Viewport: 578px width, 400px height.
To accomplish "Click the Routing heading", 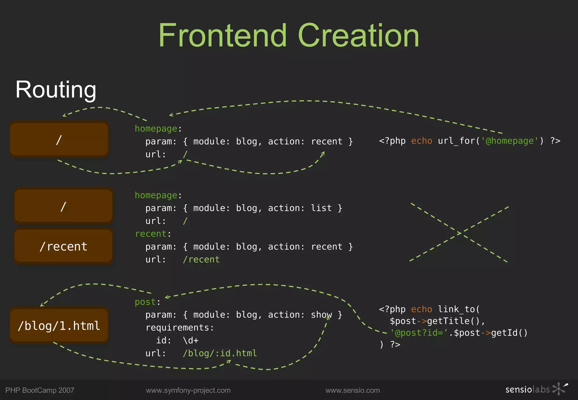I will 56,90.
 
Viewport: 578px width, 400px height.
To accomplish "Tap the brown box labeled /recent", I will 64,246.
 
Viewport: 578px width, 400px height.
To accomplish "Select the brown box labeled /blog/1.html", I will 59,326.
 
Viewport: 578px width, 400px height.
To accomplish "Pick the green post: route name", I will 145,302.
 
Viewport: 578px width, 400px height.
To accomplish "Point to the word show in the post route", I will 321,315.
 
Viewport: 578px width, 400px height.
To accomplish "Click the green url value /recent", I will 201,260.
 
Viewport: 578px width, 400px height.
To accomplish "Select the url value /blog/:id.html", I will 220,353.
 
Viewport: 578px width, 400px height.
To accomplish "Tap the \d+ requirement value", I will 191,340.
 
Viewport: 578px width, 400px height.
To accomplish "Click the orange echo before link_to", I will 421,309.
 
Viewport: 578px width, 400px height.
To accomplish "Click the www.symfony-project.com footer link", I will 188,390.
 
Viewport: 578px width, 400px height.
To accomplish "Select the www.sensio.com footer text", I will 353,390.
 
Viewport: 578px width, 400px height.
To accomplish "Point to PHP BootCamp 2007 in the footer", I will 40,390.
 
